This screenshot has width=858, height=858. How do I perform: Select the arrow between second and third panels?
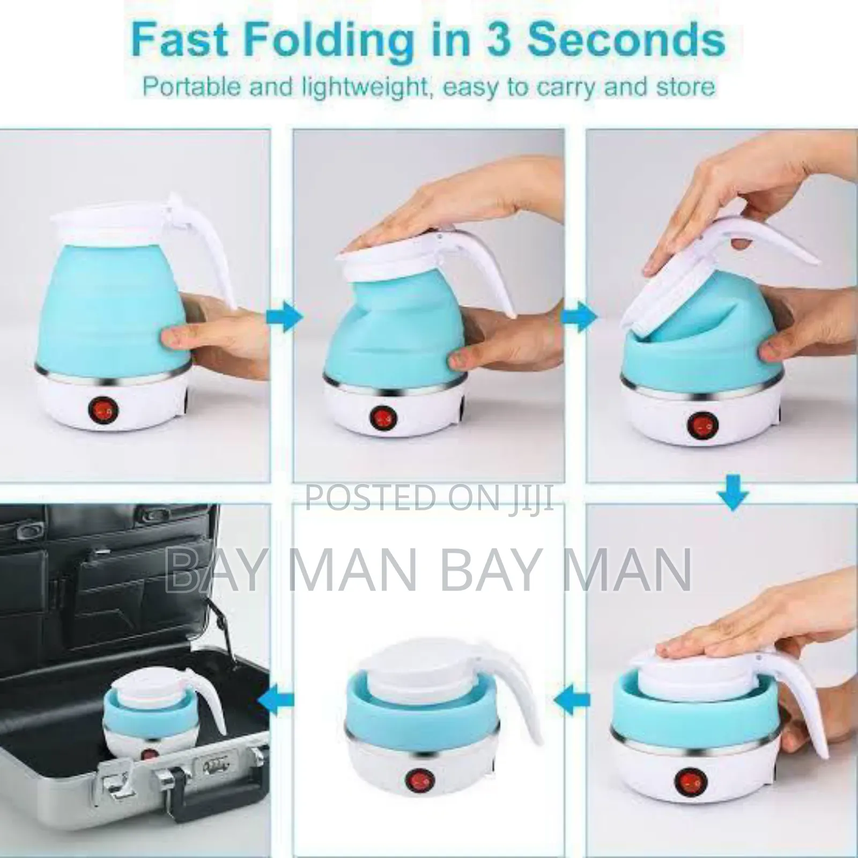[578, 317]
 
